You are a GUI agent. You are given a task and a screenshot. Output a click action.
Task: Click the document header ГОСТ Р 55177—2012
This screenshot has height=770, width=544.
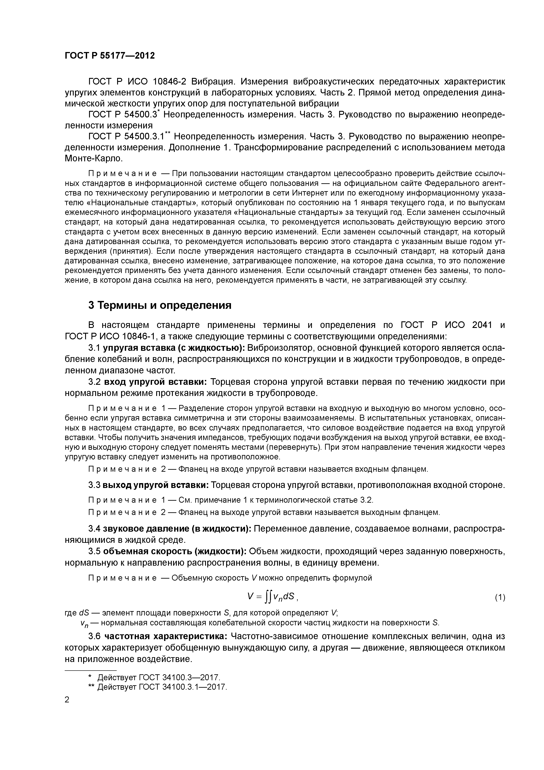coord(110,56)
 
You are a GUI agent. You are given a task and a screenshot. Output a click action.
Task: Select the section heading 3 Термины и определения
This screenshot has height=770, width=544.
coord(160,305)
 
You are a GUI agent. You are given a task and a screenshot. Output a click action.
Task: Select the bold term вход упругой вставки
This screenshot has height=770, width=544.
coord(155,382)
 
